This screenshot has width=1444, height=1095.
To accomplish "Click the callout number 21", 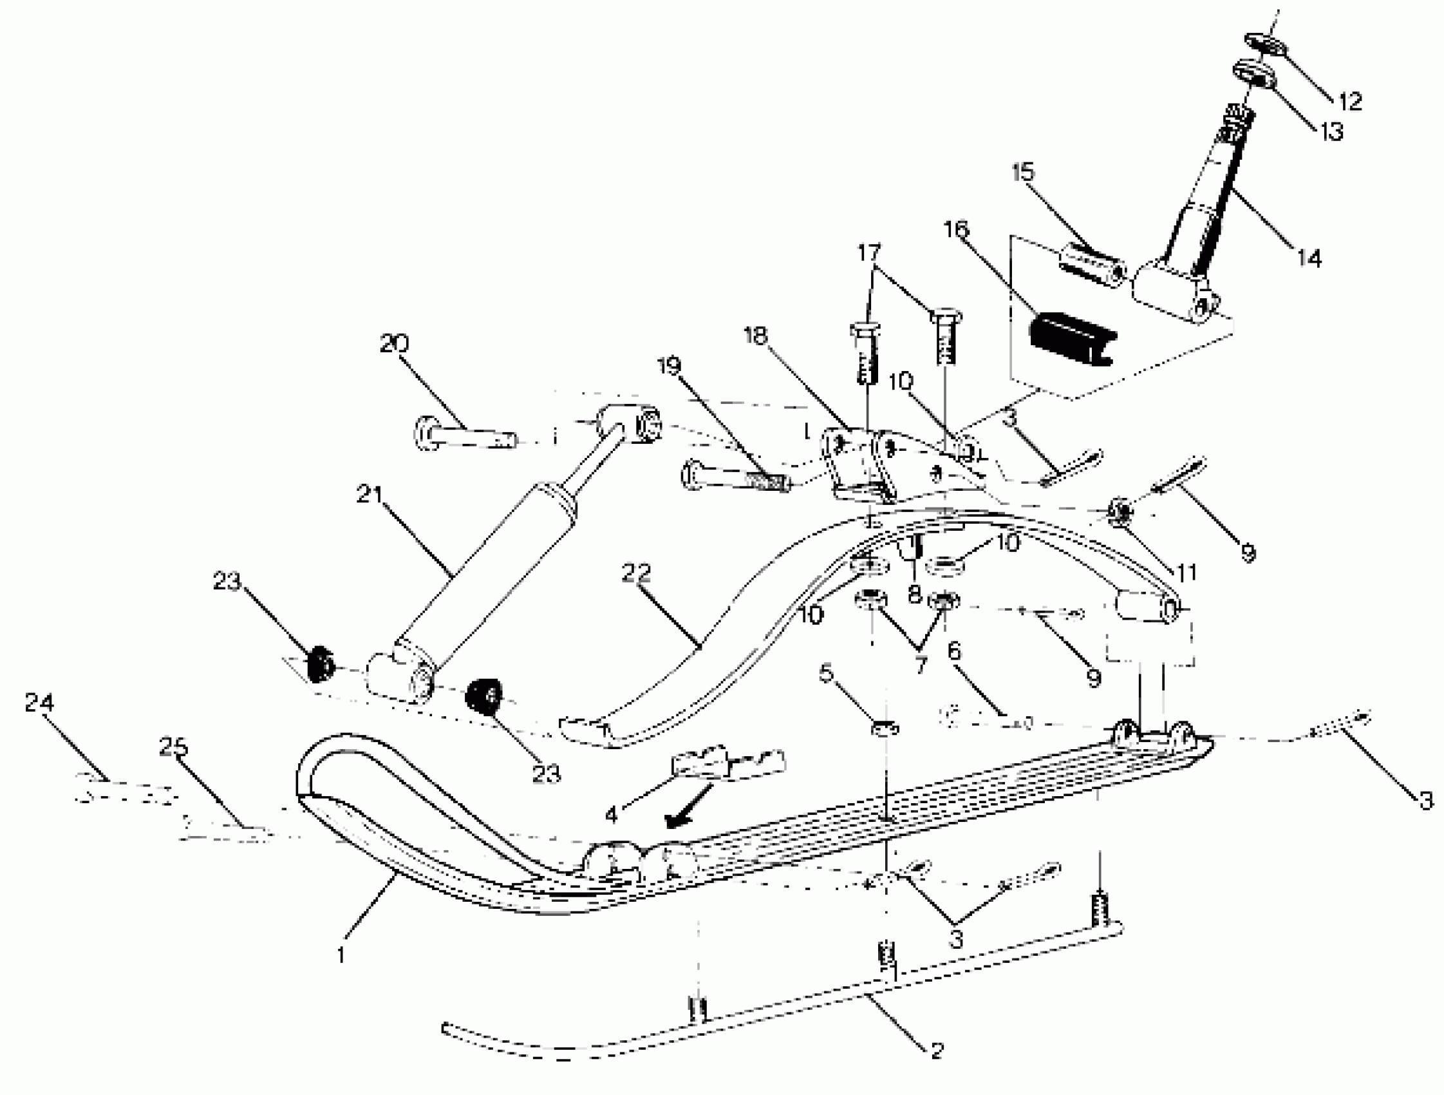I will coord(369,494).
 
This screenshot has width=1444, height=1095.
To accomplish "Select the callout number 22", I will coord(636,573).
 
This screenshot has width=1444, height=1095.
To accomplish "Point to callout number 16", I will coord(956,229).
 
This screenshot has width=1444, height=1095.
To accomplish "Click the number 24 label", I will coord(39,702).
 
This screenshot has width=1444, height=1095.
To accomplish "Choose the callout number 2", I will coord(937,1051).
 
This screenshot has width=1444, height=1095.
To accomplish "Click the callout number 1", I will coord(340,955).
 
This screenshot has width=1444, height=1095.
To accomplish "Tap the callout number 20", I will coord(393,343).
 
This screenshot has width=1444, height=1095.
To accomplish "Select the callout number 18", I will coord(755,336).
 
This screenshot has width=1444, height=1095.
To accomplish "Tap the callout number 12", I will coord(1350,101).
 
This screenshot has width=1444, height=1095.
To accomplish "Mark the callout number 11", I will coord(1186,572).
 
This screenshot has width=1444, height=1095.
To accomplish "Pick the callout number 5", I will coord(827,672).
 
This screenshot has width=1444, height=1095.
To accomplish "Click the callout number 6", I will coord(954,651).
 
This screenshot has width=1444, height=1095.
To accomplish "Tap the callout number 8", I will coord(914,593).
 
